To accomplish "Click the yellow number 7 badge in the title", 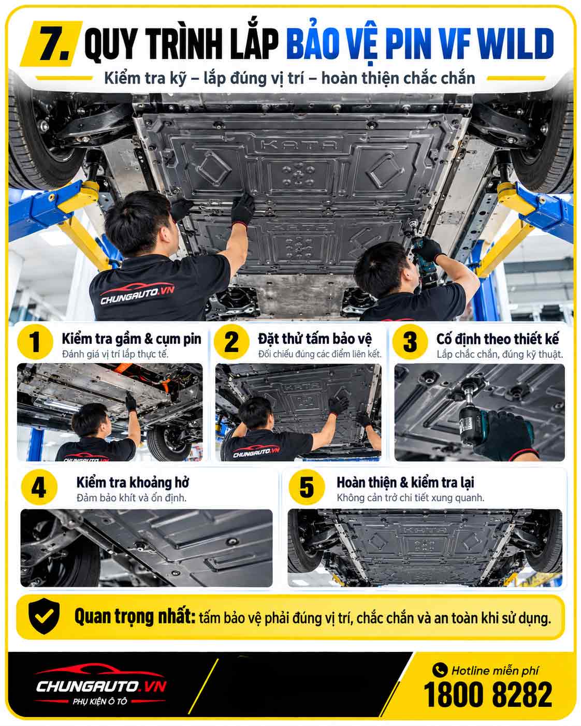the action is click(51, 43).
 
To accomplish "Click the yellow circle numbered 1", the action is click(35, 341).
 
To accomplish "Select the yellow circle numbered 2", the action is click(231, 341).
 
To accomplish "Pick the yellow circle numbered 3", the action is click(410, 341).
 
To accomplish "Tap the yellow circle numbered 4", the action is click(39, 487).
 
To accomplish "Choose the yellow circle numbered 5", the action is click(307, 487).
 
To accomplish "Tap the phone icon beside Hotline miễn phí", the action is click(440, 670).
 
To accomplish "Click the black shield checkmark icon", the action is click(44, 616).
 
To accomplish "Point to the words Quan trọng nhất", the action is click(135, 616).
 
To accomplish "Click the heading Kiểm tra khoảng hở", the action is click(133, 483).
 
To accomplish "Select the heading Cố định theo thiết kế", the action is click(498, 339).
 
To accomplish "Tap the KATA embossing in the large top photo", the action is click(299, 144).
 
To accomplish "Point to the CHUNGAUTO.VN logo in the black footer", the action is click(101, 685).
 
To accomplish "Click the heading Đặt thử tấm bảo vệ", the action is click(315, 339).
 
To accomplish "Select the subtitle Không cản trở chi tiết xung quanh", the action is click(411, 498).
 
